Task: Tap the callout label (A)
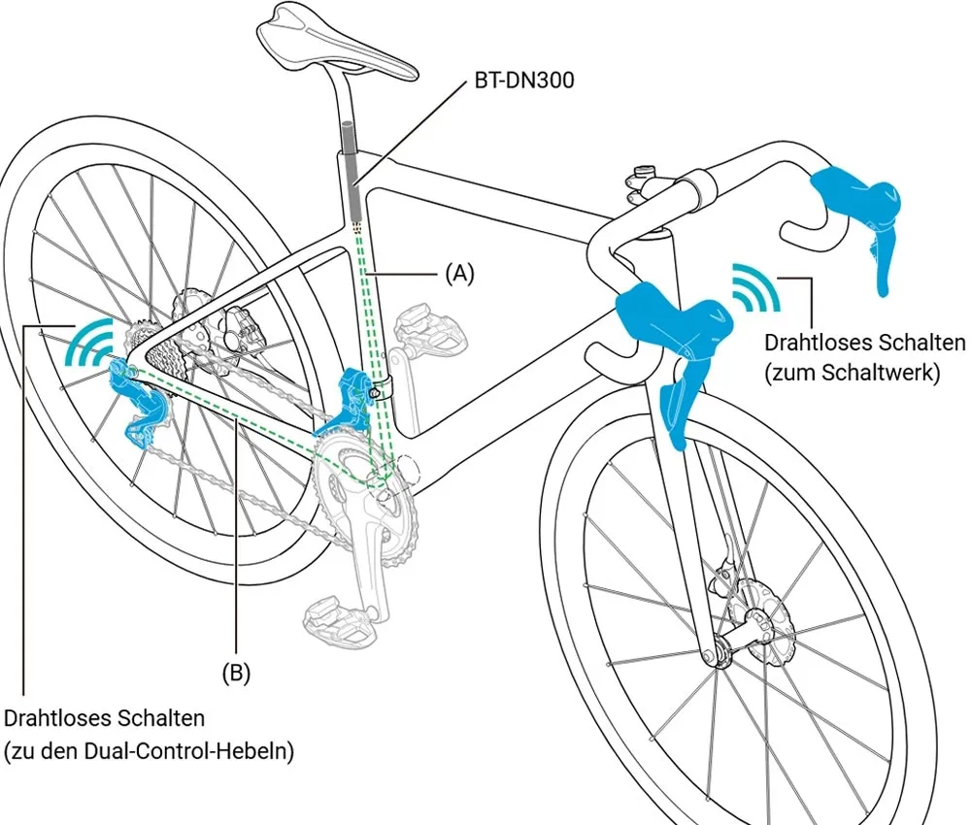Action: [459, 274]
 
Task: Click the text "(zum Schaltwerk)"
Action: [853, 372]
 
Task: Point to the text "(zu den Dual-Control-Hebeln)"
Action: [149, 750]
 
